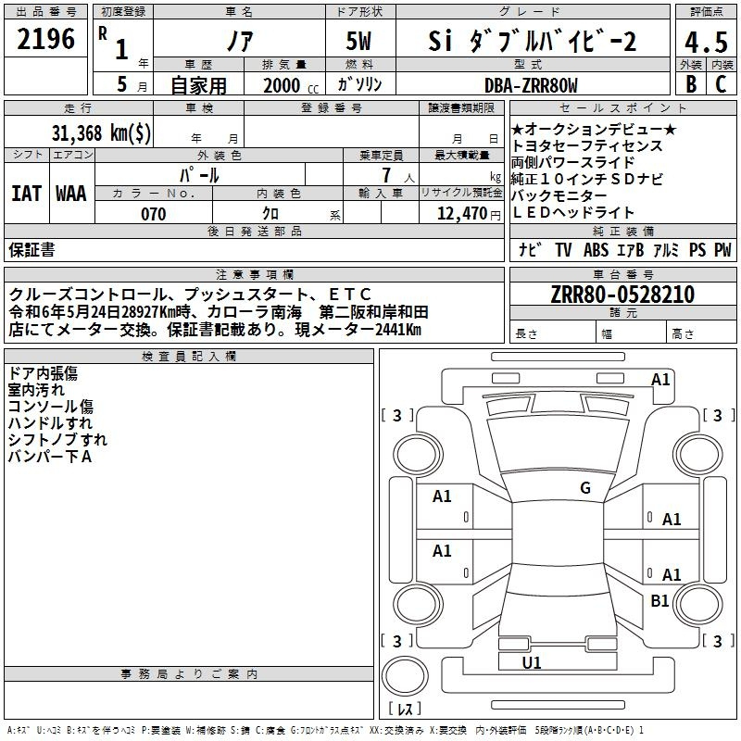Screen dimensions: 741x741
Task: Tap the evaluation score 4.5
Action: [x=706, y=42]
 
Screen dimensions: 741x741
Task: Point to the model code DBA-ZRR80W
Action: [x=531, y=85]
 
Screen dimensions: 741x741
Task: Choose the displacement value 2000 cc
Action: [x=288, y=85]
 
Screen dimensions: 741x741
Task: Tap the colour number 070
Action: [x=154, y=214]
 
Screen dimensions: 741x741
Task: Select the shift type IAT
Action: [x=26, y=194]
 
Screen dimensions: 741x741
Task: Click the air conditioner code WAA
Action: [x=71, y=194]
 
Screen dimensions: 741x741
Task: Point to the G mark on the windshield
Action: [x=584, y=488]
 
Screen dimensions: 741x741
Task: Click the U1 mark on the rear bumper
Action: [x=532, y=662]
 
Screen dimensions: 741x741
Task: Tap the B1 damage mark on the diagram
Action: [x=659, y=601]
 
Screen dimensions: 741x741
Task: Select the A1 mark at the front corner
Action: [x=660, y=379]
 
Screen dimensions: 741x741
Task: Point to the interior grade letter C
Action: [x=721, y=85]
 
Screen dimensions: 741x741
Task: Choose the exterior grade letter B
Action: [x=691, y=85]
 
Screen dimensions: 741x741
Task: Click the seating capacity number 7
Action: [x=386, y=175]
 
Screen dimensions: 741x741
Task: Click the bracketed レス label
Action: [x=405, y=710]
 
